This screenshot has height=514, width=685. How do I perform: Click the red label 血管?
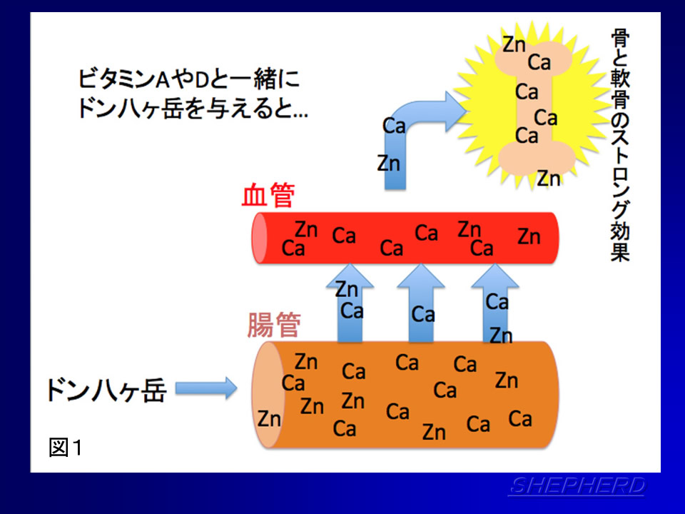coord(268,195)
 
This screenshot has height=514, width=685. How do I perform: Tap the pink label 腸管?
coord(274,325)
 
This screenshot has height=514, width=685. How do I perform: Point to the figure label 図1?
coord(66,447)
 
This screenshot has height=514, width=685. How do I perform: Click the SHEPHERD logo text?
coord(577,486)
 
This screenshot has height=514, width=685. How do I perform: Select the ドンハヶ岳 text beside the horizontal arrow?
coord(106,390)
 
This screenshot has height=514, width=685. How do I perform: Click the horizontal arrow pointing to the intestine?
coord(206,388)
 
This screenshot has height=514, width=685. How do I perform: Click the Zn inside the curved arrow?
coord(389,163)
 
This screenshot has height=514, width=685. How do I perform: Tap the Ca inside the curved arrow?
coord(394,126)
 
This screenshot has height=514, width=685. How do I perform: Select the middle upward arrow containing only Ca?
coord(421,303)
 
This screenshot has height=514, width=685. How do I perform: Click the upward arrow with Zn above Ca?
coord(350,303)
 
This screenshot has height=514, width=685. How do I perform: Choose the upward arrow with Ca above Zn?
coord(495,303)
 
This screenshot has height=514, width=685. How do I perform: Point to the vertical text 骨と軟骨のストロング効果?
coord(620,145)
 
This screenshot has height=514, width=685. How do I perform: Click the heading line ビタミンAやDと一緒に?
coord(188,79)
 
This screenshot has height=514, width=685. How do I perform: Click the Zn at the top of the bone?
coord(514,44)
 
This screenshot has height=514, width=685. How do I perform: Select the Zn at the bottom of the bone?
coord(549,178)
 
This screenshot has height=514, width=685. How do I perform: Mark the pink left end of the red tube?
coord(260,238)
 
